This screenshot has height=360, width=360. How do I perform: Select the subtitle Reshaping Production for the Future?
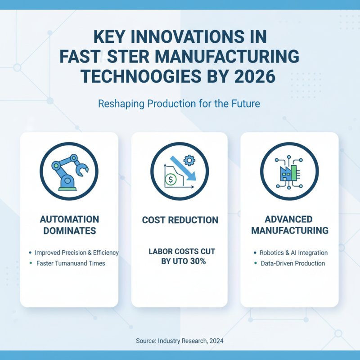(x=179, y=104)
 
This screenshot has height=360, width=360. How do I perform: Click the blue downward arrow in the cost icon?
(x=185, y=170)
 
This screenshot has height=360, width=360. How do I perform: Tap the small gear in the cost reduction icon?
(x=189, y=159)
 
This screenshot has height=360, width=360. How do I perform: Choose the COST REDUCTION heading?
(x=180, y=220)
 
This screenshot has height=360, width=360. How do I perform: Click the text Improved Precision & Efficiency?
(x=76, y=252)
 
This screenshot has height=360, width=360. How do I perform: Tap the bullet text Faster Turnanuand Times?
(x=71, y=263)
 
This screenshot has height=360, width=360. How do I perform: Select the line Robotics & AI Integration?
(x=293, y=253)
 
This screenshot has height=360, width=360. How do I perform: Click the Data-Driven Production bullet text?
(x=292, y=263)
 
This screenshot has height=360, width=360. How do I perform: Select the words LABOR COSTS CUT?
(x=182, y=251)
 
